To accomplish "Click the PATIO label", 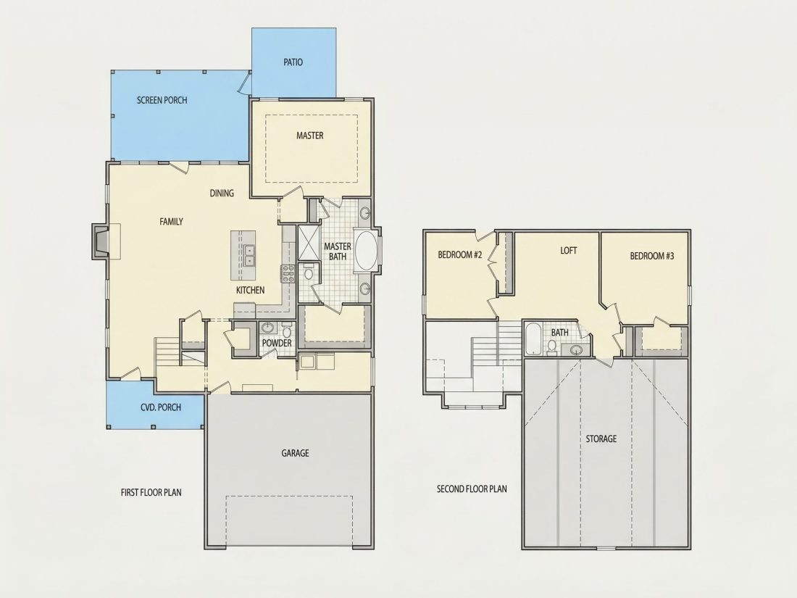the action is click(x=293, y=62).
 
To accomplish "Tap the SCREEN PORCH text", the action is click(x=162, y=100).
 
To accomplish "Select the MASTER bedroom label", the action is click(x=309, y=136).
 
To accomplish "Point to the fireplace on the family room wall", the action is click(x=101, y=241).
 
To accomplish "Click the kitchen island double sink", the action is click(x=249, y=255).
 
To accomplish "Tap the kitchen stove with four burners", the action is click(x=288, y=273).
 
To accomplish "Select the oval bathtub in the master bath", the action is click(x=366, y=252).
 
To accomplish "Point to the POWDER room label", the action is click(x=277, y=344).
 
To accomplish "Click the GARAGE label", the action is click(x=295, y=453).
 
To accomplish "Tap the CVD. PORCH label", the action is click(x=161, y=407).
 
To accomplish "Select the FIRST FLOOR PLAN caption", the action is click(x=151, y=492).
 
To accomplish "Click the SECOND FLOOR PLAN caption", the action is click(x=472, y=489).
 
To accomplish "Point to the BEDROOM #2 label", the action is click(x=459, y=254).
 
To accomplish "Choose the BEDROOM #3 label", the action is click(x=651, y=256).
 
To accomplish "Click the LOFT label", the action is click(x=568, y=250).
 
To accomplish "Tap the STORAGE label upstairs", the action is click(x=601, y=439).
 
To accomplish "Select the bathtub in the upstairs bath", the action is click(x=533, y=339).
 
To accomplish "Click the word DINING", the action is click(x=222, y=193).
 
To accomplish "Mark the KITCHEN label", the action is click(x=250, y=290).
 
